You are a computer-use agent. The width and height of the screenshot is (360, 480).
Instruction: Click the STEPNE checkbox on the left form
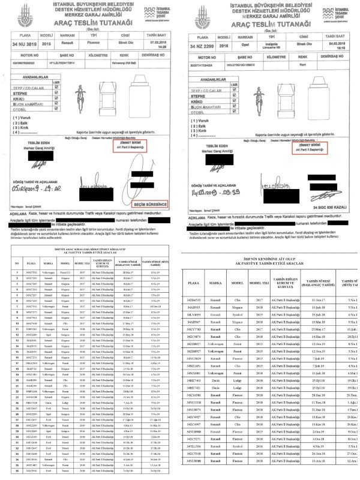(x=56, y=95)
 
